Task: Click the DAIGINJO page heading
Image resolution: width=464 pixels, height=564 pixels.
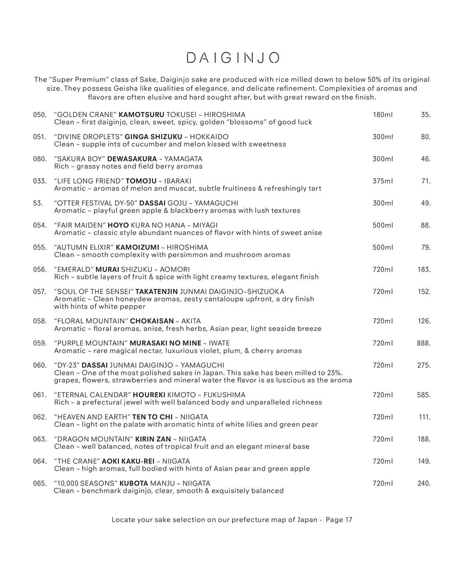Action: click(x=232, y=58)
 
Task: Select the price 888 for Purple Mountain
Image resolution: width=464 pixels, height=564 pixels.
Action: click(x=423, y=343)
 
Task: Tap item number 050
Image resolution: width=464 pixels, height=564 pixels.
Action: click(x=40, y=115)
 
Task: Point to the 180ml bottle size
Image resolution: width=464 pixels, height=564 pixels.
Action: click(x=382, y=115)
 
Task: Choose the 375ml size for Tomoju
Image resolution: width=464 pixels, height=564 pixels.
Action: click(x=382, y=181)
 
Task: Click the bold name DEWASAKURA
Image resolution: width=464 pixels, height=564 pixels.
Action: click(x=132, y=159)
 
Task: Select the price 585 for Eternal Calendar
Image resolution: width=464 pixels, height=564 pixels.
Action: click(x=424, y=395)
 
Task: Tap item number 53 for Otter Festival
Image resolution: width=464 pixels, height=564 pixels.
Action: click(x=38, y=203)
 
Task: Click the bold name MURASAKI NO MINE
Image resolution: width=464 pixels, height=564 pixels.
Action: click(x=166, y=343)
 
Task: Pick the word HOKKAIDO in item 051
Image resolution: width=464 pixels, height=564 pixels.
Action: click(x=209, y=137)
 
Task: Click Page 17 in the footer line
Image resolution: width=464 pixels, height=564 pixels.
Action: click(x=339, y=519)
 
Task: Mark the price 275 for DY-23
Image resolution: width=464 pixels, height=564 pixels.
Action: click(x=424, y=366)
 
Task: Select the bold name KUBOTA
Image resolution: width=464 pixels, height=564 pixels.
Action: click(x=134, y=484)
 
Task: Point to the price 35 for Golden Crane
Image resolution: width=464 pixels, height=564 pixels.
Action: click(x=425, y=115)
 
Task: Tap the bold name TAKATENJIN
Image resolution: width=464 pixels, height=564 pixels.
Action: click(x=156, y=292)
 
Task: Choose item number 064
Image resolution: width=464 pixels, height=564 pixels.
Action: click(x=40, y=461)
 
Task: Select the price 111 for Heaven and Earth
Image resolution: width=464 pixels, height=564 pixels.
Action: click(x=424, y=417)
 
